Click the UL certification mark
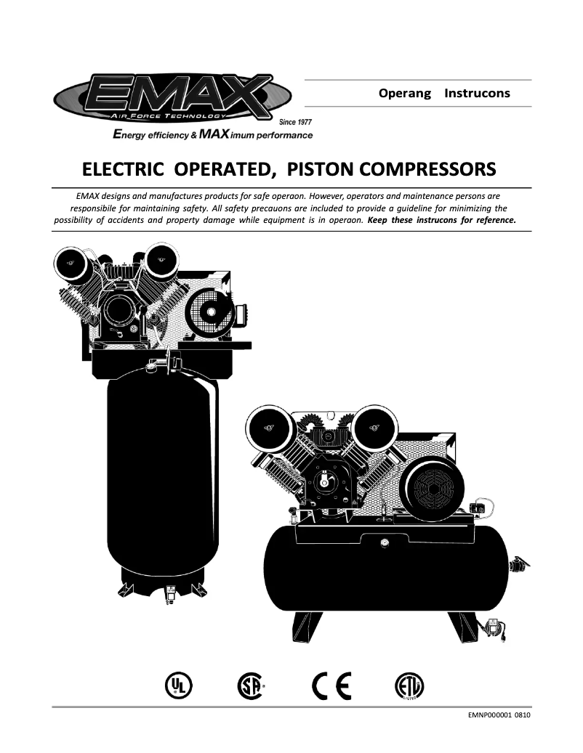[x=176, y=684]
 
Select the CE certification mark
[x=331, y=684]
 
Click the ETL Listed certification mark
[x=409, y=685]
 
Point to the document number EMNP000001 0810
[x=499, y=715]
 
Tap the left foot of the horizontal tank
[x=307, y=626]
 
